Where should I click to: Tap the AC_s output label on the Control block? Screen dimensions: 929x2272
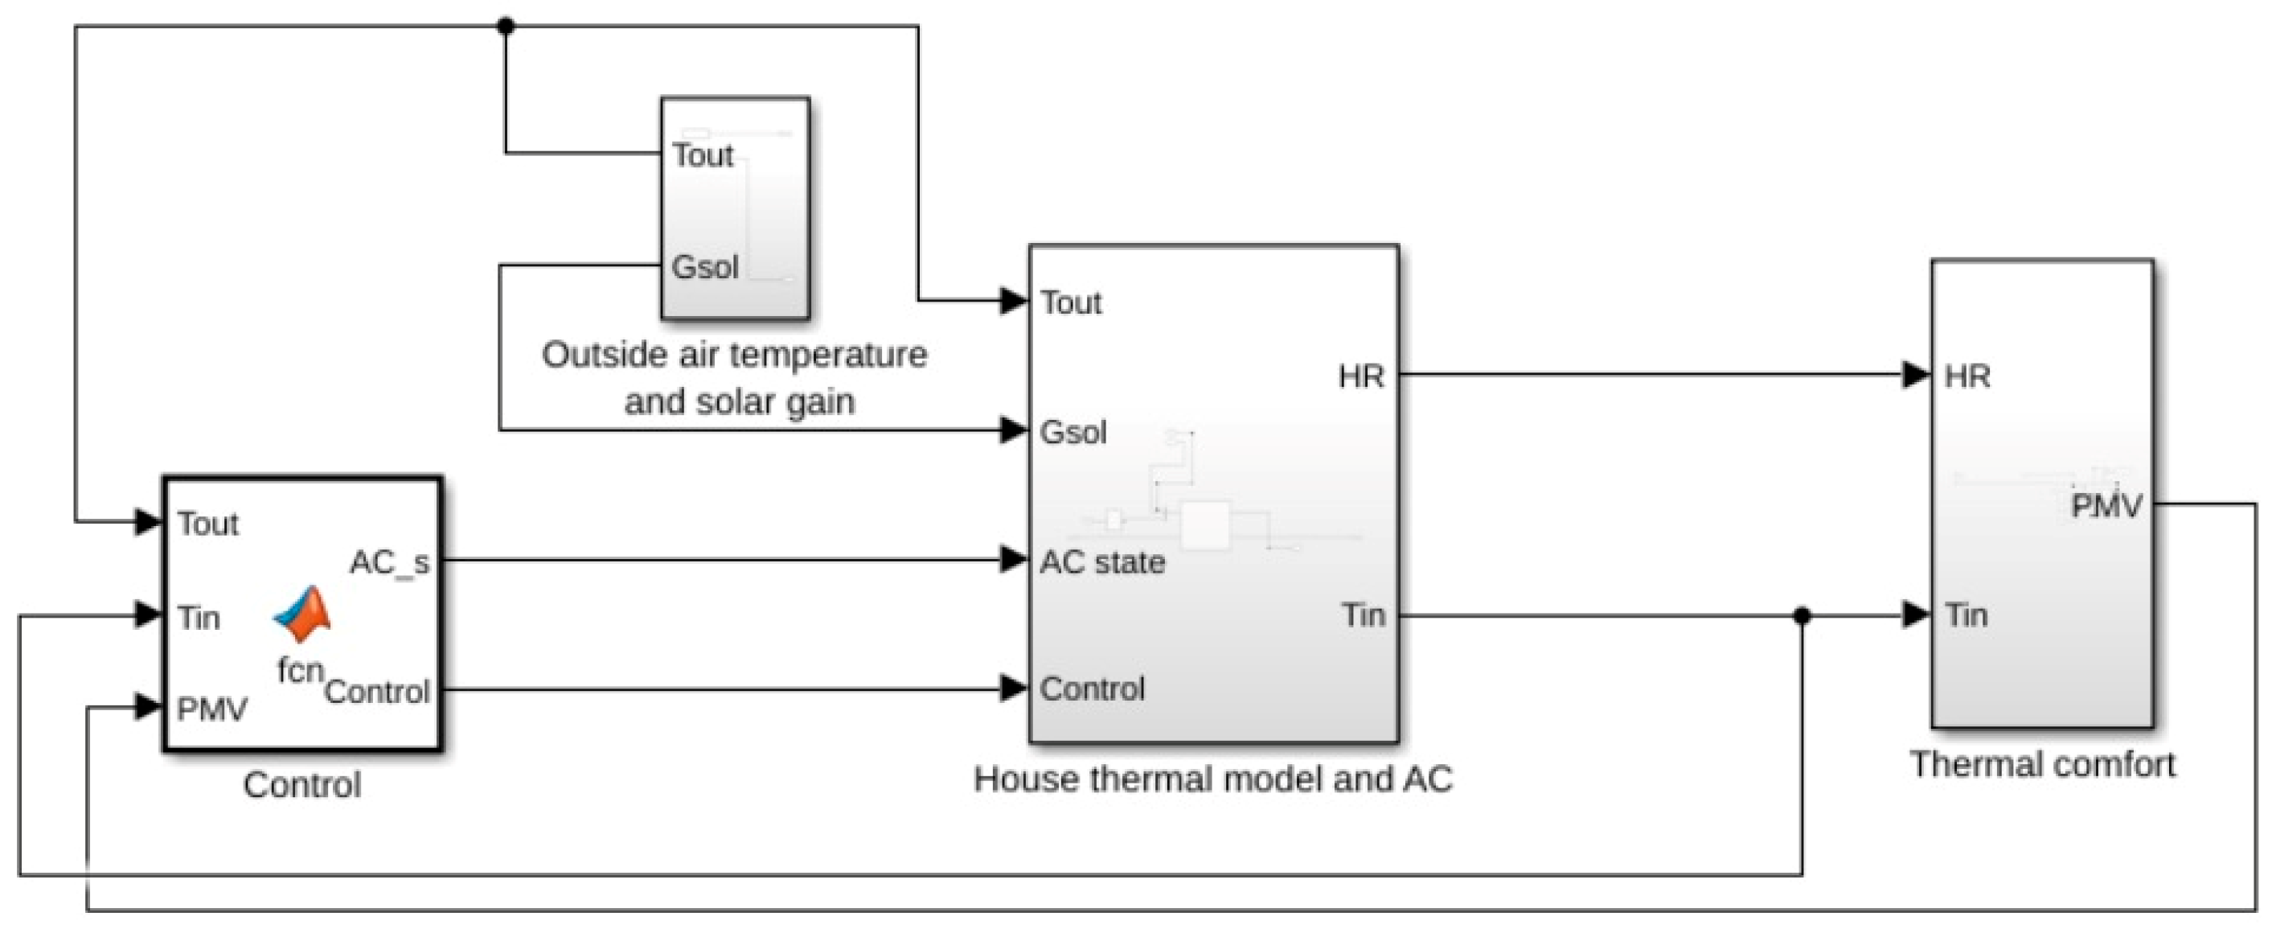(389, 562)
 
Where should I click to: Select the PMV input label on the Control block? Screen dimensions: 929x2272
(211, 709)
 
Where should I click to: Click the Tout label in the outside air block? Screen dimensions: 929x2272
(702, 155)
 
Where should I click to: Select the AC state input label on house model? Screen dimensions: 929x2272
(1102, 562)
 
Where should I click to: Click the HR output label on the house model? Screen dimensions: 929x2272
(1361, 376)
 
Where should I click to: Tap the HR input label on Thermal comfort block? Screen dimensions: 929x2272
(1966, 376)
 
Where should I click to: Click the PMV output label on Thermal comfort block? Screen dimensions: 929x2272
(2106, 507)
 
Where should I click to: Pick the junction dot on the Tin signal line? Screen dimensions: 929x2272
(1802, 616)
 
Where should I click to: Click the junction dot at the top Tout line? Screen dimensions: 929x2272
(506, 27)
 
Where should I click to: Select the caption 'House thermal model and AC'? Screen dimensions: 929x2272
(1212, 779)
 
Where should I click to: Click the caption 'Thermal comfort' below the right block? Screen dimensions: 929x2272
(2043, 764)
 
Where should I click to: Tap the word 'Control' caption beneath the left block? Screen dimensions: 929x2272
(301, 784)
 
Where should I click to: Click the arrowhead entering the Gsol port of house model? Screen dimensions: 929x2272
(1014, 430)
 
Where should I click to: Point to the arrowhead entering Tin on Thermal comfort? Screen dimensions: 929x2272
(1916, 615)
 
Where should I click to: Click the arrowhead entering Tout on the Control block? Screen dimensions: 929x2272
(147, 521)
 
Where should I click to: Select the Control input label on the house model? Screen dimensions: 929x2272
(1092, 689)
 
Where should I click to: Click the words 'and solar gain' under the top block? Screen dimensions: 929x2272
(739, 402)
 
